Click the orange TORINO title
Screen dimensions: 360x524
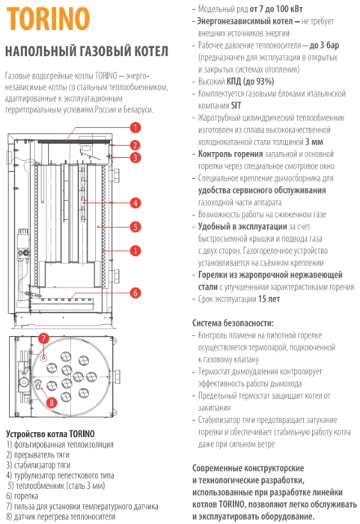[49, 19]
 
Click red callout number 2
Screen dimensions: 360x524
[135, 145]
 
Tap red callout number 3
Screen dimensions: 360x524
[135, 157]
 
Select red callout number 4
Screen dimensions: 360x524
[135, 203]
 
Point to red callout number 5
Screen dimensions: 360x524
[135, 227]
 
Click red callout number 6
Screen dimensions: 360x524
[135, 293]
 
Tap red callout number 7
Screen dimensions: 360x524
[43, 338]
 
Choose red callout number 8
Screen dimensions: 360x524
[51, 403]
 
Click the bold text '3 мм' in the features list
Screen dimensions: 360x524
[314, 142]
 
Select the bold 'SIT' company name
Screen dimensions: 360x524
[236, 106]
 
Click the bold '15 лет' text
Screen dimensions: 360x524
[269, 299]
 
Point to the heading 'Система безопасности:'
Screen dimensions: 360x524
[233, 323]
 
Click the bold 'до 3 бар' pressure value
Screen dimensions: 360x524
[324, 45]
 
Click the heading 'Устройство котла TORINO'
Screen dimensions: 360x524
[50, 433]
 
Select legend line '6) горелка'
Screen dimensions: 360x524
[22, 496]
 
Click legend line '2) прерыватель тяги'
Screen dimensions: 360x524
[37, 455]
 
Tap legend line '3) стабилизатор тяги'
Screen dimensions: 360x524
[38, 465]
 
